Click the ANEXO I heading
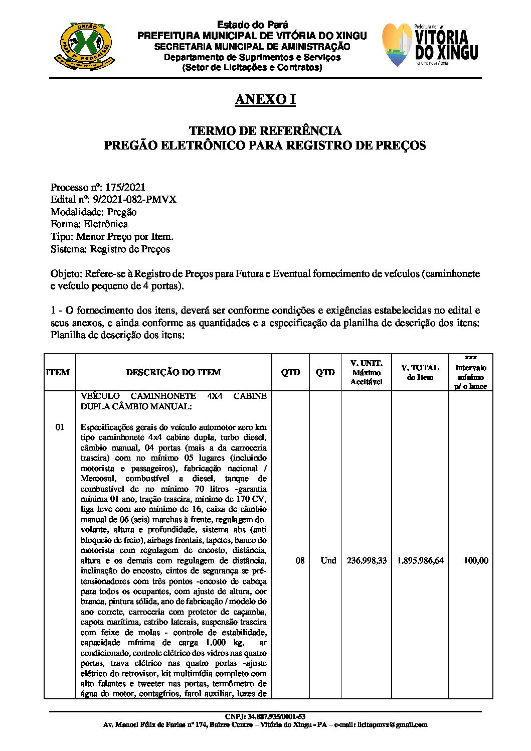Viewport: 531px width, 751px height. click(x=265, y=100)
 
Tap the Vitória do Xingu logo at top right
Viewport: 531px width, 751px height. click(x=430, y=45)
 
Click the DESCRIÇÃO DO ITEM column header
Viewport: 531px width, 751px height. click(x=173, y=372)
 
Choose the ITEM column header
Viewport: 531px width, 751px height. click(x=58, y=372)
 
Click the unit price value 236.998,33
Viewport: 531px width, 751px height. click(x=367, y=560)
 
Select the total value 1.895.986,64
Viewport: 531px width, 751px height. click(x=420, y=560)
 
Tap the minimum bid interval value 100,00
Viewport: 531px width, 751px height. click(x=475, y=560)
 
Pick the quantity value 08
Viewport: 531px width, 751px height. click(x=300, y=560)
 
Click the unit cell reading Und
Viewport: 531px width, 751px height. click(x=328, y=560)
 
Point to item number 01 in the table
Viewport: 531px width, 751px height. click(x=60, y=427)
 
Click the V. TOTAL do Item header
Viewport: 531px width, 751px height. click(x=420, y=372)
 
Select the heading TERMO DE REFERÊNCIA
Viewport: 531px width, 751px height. click(x=265, y=131)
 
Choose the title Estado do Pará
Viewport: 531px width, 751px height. click(x=253, y=25)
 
